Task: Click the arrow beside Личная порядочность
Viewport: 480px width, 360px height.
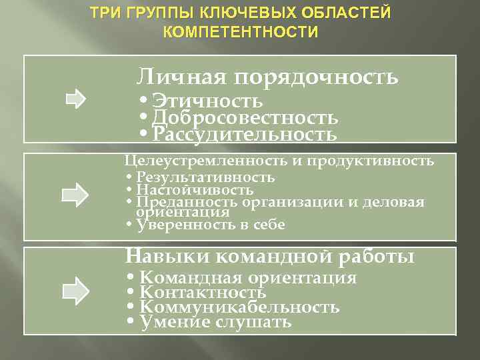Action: [x=75, y=100]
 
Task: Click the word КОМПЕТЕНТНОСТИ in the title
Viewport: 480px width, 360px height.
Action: [x=240, y=32]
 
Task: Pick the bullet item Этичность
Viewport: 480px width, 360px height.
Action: [x=207, y=101]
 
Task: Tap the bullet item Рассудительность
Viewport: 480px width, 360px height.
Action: [x=244, y=135]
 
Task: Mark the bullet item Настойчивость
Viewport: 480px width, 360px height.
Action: [x=194, y=190]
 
